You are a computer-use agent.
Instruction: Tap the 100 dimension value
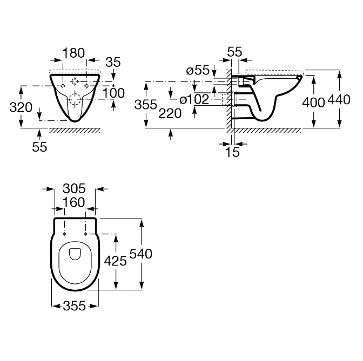pos(113,92)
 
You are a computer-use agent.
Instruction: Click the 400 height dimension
pos(314,101)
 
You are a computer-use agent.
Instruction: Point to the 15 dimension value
pos(232,152)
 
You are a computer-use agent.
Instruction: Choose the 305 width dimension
pos(75,188)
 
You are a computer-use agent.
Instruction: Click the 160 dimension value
pos(75,202)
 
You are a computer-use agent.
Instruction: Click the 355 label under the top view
pos(75,305)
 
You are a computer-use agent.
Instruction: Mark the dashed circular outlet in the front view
pos(75,99)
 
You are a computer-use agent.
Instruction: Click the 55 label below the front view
pos(39,147)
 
